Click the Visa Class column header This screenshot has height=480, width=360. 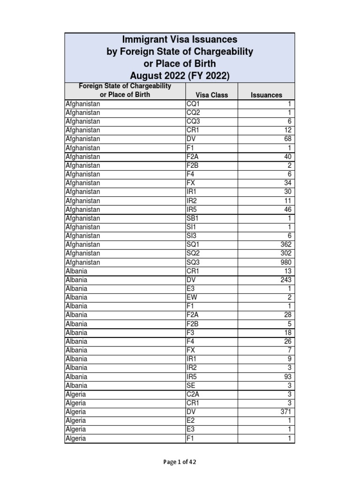(x=212, y=95)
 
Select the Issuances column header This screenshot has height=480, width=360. (x=266, y=95)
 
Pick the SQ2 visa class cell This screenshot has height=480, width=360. (x=193, y=254)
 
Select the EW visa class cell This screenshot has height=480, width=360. (x=192, y=298)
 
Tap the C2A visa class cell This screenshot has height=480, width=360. (x=193, y=395)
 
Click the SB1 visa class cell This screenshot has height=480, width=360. (x=193, y=218)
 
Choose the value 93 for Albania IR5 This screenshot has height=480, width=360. (x=287, y=377)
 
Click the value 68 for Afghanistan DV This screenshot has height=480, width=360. (x=287, y=139)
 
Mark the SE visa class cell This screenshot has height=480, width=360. (x=191, y=386)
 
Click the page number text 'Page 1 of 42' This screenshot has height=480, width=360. (x=180, y=462)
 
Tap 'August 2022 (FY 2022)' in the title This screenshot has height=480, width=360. (x=180, y=75)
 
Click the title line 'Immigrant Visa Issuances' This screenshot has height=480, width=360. (x=180, y=40)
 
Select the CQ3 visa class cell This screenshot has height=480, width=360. (x=193, y=121)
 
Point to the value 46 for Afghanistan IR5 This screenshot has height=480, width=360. (x=287, y=210)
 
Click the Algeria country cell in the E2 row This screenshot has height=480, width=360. (x=75, y=421)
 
